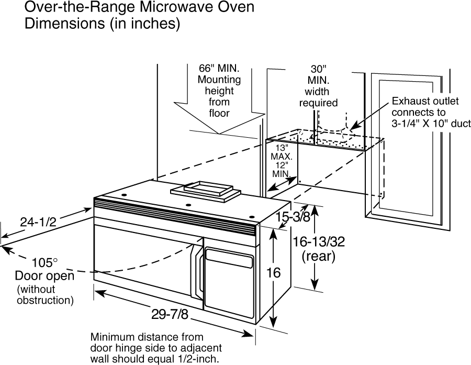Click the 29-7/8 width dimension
[170, 315]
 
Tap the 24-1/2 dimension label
[38, 222]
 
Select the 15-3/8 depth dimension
[293, 217]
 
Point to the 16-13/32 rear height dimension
[319, 242]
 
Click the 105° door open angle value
[44, 263]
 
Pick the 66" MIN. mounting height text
[219, 68]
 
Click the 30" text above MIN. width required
[318, 69]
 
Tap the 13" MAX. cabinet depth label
[282, 152]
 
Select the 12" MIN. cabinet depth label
[282, 169]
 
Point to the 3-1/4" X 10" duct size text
[431, 124]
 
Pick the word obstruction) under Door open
[45, 301]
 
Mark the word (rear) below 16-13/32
[318, 256]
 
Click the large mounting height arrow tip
[220, 134]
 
